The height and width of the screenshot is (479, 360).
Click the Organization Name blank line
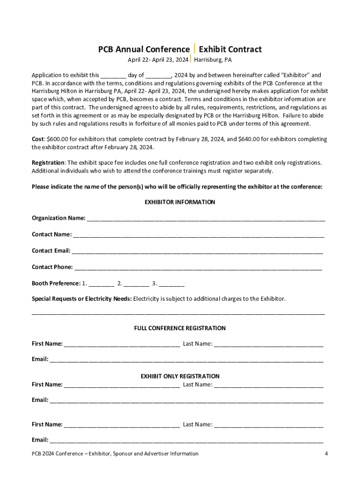coord(206,218)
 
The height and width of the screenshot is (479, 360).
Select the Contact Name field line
coord(198,235)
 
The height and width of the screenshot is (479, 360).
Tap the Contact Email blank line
coord(197,251)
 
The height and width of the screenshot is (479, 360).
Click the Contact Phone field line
coord(198,268)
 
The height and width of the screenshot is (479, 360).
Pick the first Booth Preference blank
coord(101,284)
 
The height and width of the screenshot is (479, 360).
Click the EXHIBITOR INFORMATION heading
coord(180,202)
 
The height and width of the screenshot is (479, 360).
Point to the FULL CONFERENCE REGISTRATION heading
coord(180,328)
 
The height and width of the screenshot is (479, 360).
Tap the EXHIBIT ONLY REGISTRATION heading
coord(180,376)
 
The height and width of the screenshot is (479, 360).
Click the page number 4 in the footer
coord(326,453)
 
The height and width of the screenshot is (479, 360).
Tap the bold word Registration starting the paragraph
coord(48,162)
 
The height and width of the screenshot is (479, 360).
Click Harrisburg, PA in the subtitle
coord(213,60)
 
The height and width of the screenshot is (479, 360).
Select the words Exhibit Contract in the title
coord(230,49)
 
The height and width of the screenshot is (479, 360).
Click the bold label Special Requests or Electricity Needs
coord(82,298)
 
